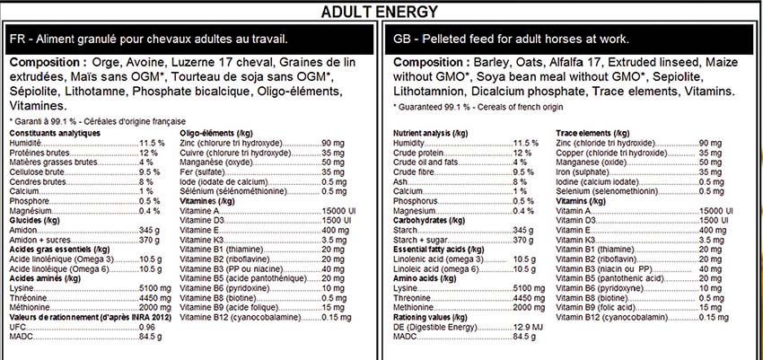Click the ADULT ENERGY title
pos(381,11)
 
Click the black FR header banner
pos(189,40)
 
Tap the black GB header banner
pos(572,40)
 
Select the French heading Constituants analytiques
pos(53,133)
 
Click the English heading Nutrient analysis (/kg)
pos(430,133)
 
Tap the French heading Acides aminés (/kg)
pos(47,278)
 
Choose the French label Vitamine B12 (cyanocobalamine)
pos(236,317)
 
